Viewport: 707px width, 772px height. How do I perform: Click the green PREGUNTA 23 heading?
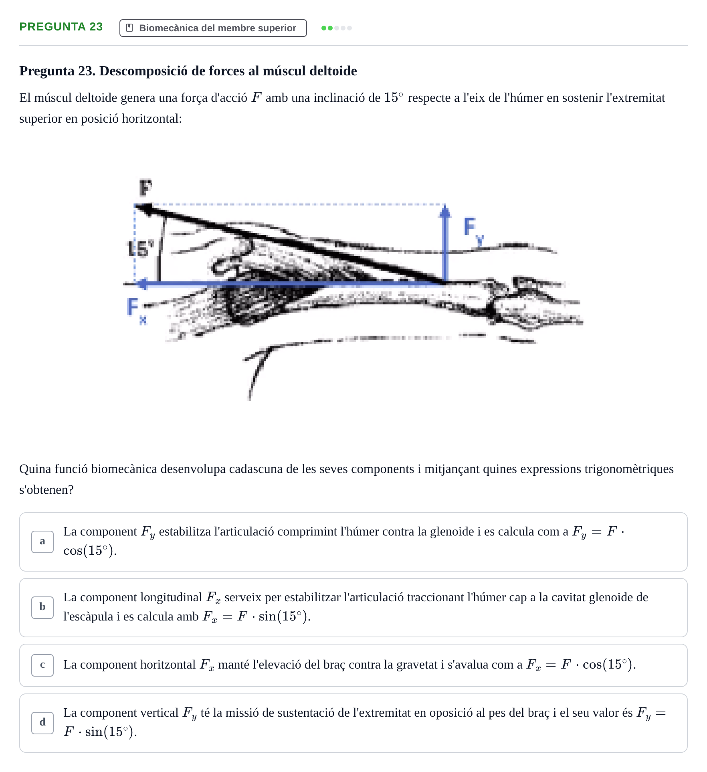point(61,27)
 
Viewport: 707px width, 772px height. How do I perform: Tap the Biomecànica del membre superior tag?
point(213,28)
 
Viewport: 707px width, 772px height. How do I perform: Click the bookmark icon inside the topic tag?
point(129,28)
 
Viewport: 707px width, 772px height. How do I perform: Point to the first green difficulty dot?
point(324,28)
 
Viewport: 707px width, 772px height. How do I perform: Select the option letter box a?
point(42,542)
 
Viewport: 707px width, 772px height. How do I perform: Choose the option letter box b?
point(42,607)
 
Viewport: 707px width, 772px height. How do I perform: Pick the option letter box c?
point(42,665)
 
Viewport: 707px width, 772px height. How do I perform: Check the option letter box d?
point(42,723)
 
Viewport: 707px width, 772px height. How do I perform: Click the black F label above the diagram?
point(145,188)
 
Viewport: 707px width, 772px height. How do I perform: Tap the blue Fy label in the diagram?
point(473,231)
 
